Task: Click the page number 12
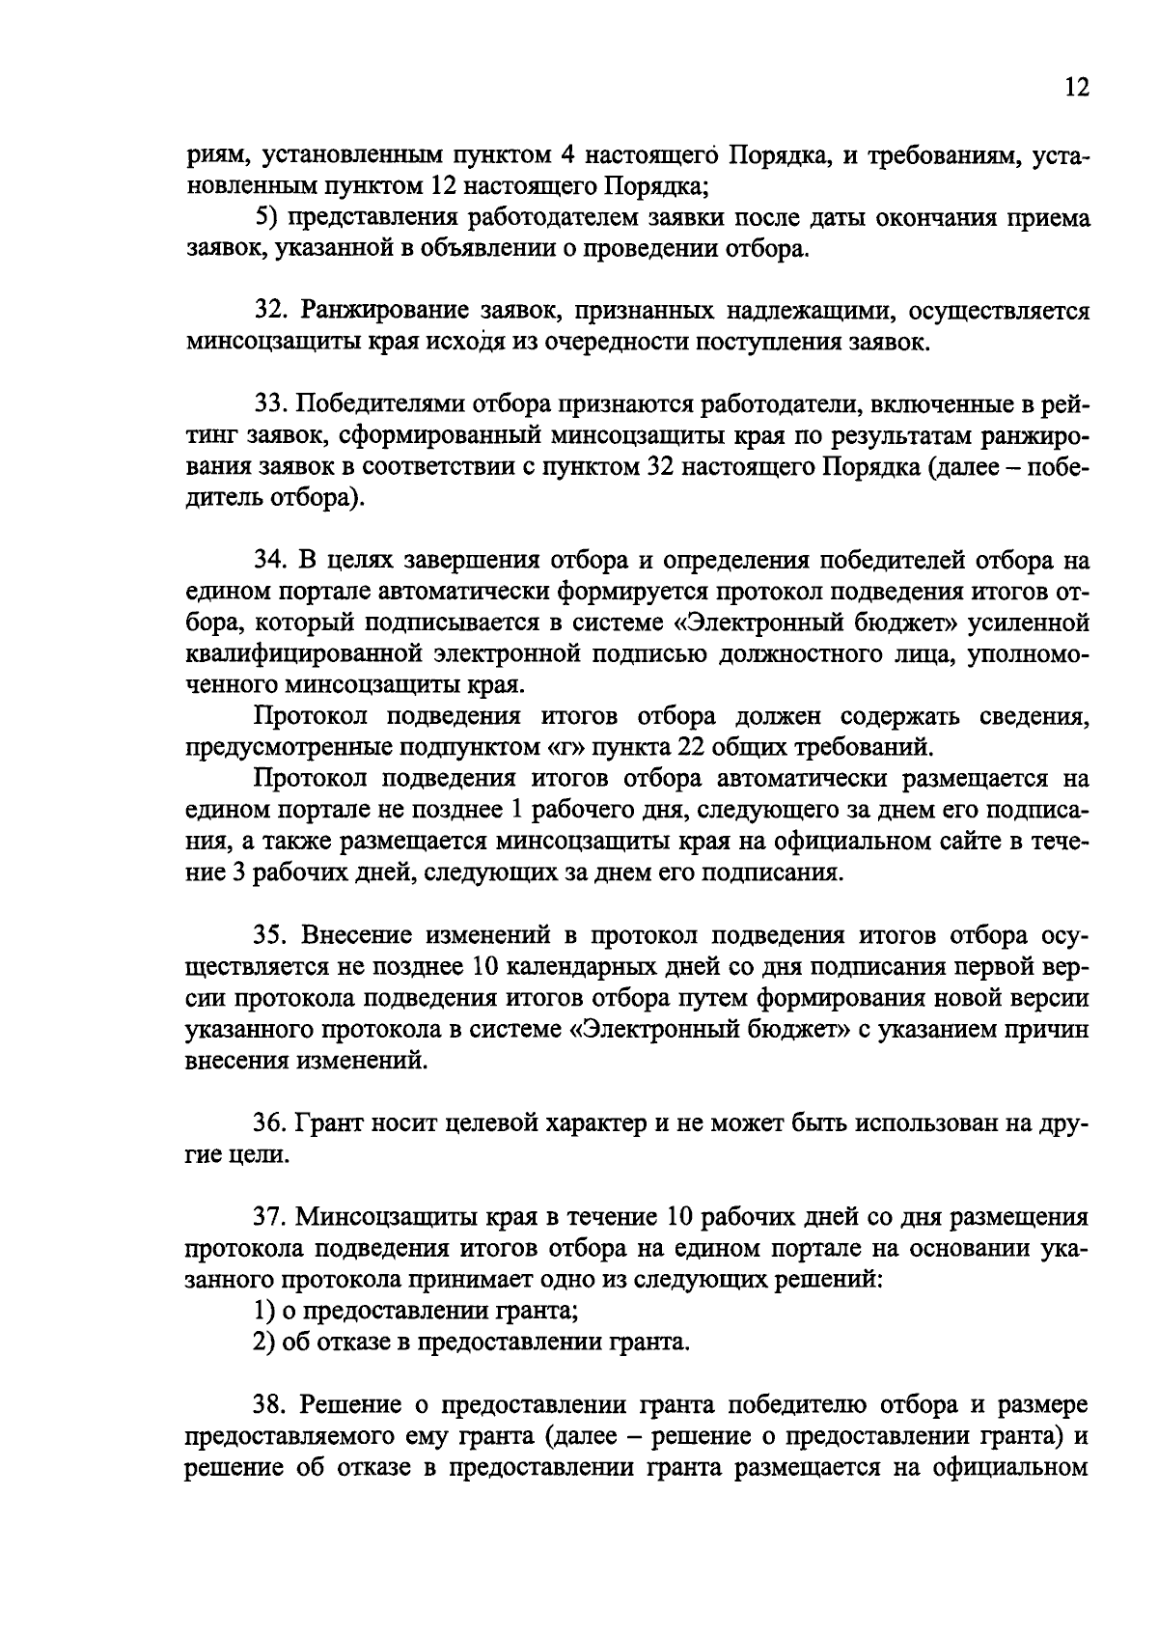tap(1077, 89)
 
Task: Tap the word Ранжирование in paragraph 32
tap(382, 312)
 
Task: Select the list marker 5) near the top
tap(264, 219)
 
